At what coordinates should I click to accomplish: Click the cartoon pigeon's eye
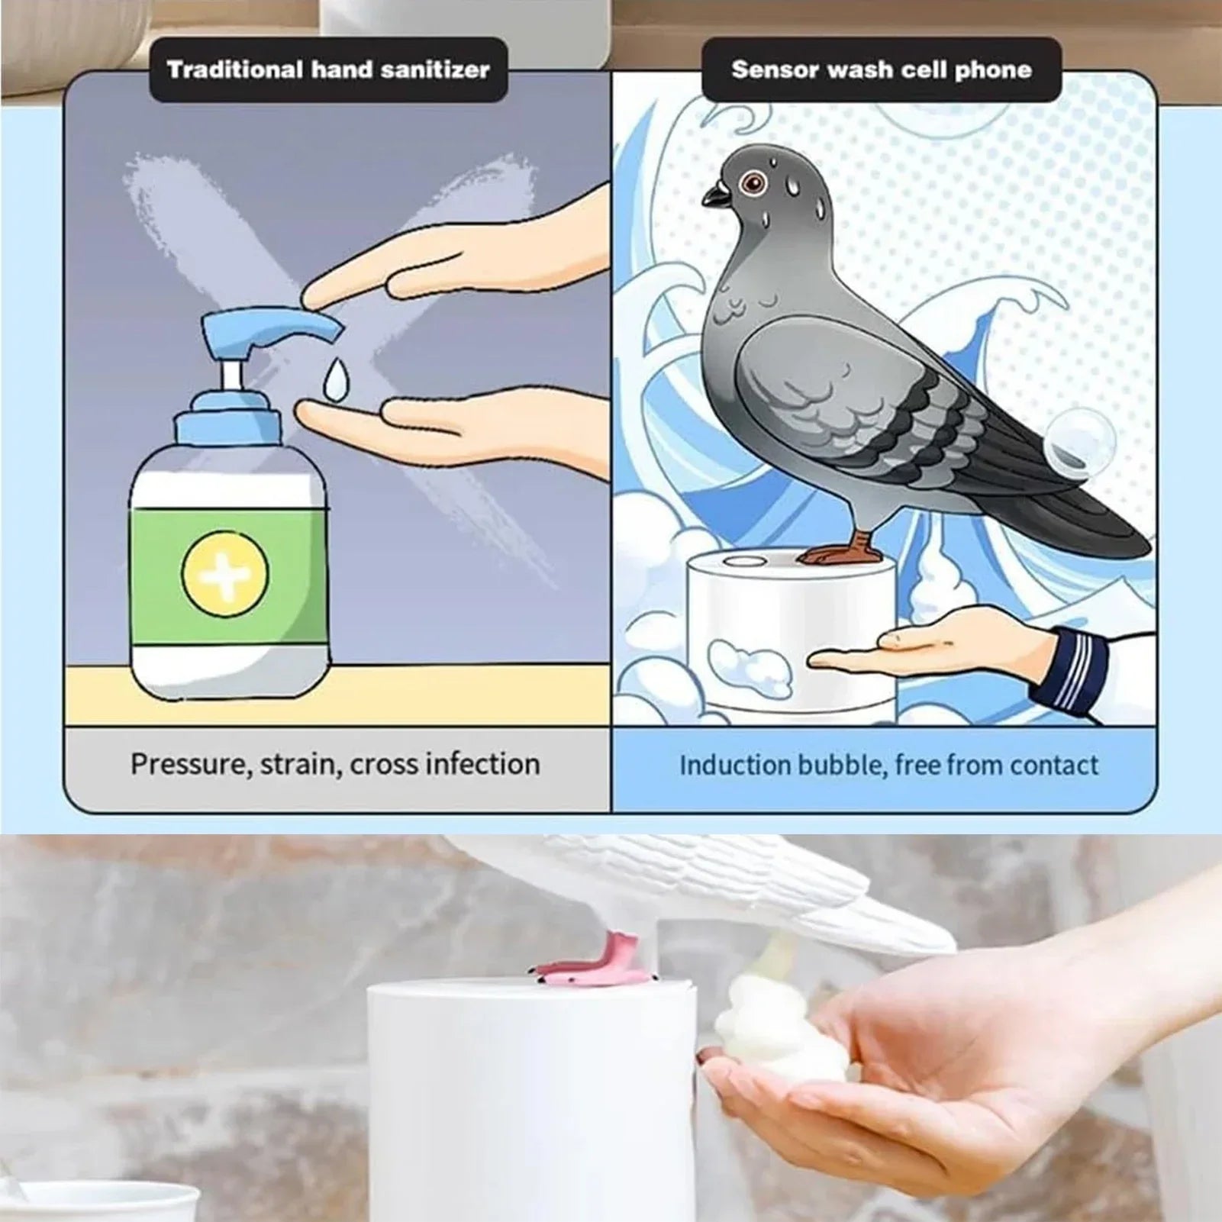click(x=755, y=182)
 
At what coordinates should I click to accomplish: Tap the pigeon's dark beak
click(x=716, y=196)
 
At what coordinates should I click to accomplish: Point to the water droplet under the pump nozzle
click(x=334, y=379)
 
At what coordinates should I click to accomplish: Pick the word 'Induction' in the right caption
click(x=734, y=765)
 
